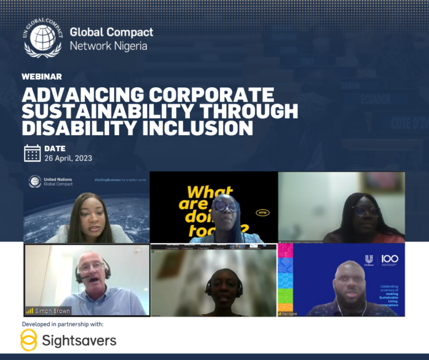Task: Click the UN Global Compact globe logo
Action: [x=43, y=36]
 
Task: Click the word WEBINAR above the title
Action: [x=42, y=77]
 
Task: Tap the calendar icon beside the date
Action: [x=32, y=153]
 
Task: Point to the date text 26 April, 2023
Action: [x=68, y=158]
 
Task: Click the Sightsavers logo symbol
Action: [x=28, y=340]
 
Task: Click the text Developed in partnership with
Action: [x=63, y=324]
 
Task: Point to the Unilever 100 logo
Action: [x=384, y=260]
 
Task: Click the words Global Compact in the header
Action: [x=111, y=32]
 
